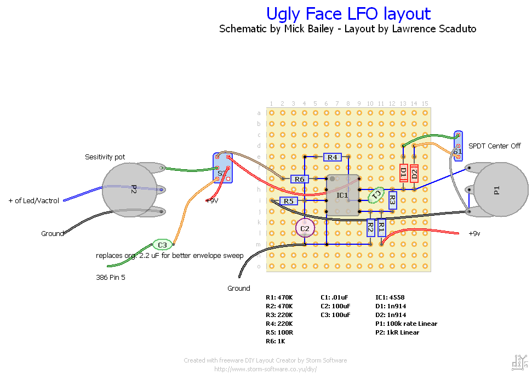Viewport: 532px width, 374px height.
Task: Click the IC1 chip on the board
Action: point(342,195)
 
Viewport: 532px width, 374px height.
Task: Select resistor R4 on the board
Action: point(332,157)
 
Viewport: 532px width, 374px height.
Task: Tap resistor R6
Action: point(299,179)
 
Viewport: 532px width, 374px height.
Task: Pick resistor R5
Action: point(288,201)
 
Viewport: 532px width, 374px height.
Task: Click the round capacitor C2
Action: point(305,228)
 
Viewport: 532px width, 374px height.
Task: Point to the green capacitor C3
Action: point(162,245)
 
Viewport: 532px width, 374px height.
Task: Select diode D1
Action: point(403,174)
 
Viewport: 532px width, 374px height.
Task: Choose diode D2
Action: point(414,174)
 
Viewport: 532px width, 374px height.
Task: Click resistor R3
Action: point(392,200)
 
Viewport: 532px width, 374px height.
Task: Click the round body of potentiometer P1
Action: point(500,191)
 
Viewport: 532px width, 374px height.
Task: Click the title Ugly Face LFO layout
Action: point(348,13)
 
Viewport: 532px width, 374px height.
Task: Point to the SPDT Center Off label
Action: point(494,146)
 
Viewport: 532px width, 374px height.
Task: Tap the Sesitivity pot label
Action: point(105,157)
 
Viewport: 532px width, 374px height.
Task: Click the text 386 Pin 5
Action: point(110,277)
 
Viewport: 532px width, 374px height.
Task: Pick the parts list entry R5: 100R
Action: point(279,332)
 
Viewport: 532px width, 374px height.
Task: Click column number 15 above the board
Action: point(425,103)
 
